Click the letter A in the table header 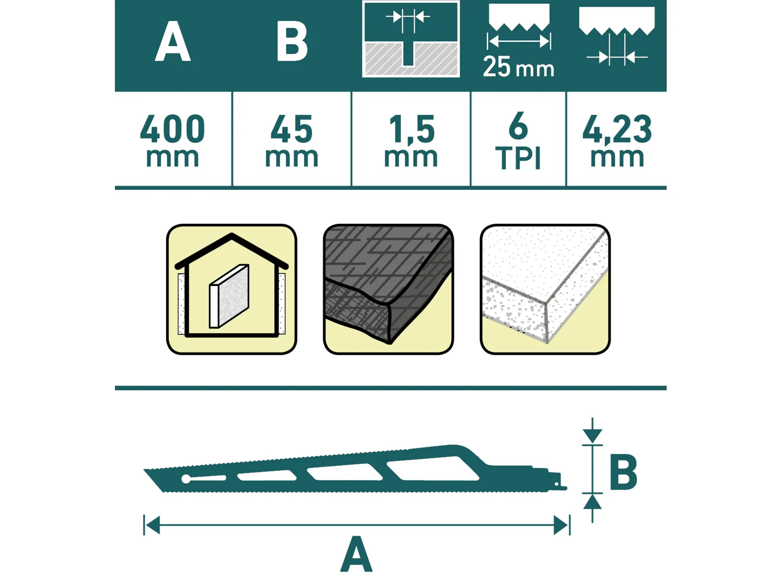[x=173, y=41]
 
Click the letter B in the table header [x=292, y=41]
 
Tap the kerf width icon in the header [x=411, y=39]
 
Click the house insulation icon [x=231, y=289]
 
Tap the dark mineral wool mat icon [x=388, y=289]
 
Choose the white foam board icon [x=545, y=289]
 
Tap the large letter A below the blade [x=356, y=554]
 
